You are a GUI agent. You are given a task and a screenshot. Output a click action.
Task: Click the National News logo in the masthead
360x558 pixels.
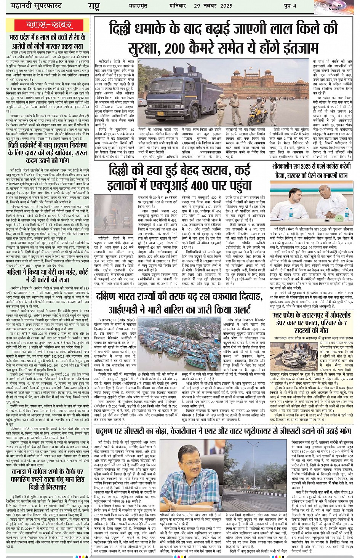pyautogui.click(x=335, y=6)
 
